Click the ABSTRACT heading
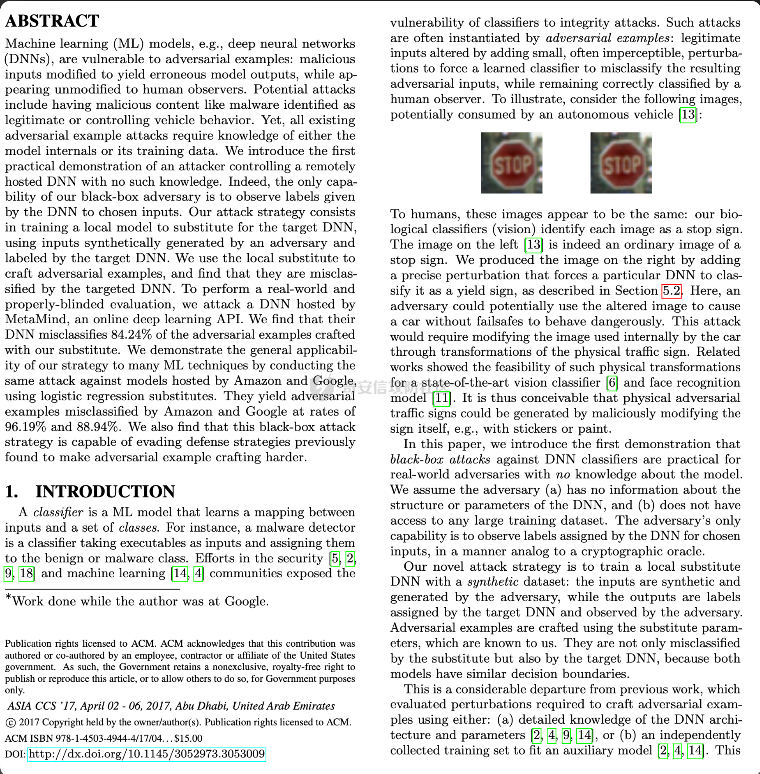coord(52,21)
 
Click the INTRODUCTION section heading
coord(105,491)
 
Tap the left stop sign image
coord(511,163)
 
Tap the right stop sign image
coord(621,163)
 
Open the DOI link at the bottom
coord(146,754)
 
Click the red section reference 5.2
coord(671,291)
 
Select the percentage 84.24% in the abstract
coord(131,335)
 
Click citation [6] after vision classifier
coord(612,382)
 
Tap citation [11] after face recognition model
coord(442,398)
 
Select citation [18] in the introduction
coord(26,573)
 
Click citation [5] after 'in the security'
coord(335,558)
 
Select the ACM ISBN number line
coord(103,738)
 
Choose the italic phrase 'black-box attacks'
coord(440,459)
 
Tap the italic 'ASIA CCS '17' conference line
coord(171,706)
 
